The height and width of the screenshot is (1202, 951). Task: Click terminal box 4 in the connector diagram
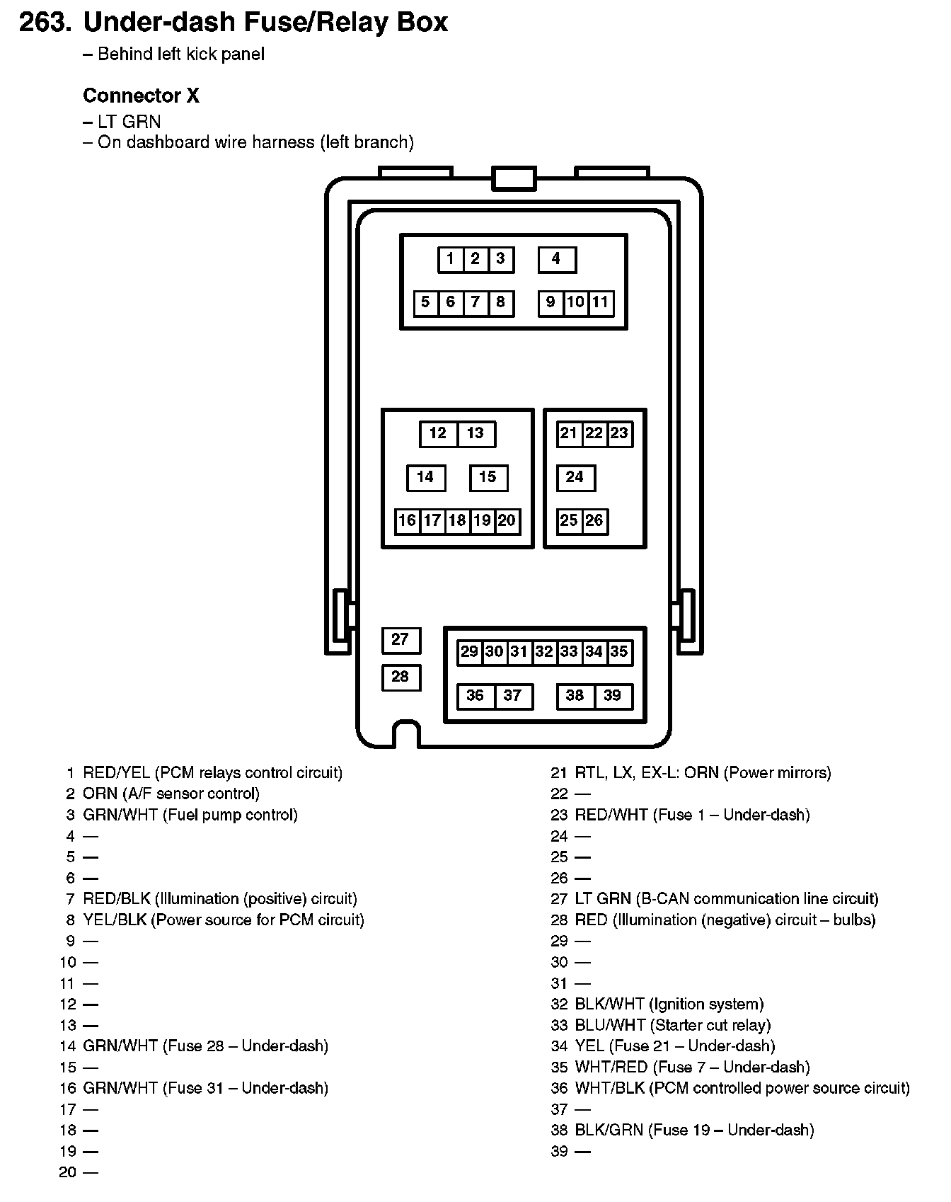coord(557,260)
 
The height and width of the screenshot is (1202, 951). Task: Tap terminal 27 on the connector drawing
coord(400,640)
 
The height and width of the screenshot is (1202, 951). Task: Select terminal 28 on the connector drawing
coord(400,677)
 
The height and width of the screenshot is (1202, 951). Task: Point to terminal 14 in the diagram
coord(425,478)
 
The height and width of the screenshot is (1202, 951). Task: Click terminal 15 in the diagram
coord(488,478)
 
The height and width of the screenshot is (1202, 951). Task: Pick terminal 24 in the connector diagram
coord(575,478)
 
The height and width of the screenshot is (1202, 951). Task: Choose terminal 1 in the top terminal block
coord(450,260)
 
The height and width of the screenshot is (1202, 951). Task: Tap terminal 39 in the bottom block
coord(613,697)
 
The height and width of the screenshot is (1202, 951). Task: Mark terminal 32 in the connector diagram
coord(544,652)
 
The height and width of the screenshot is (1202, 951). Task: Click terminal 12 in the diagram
coord(438,434)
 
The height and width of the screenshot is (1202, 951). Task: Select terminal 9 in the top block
coord(551,303)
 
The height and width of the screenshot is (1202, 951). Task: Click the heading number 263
coord(45,23)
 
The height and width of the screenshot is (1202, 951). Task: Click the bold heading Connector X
coord(141,96)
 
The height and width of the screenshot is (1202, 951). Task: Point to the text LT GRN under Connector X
coord(129,121)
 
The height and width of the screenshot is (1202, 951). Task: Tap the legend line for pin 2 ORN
coord(171,794)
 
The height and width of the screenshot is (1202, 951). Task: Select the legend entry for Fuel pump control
coord(190,815)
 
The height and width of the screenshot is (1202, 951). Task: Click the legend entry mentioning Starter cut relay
coord(672,1025)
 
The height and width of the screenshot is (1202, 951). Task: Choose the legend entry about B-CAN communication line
coord(726,899)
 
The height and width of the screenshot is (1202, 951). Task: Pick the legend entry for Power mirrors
coord(703,772)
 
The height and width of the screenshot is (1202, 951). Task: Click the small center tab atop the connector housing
coord(514,178)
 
